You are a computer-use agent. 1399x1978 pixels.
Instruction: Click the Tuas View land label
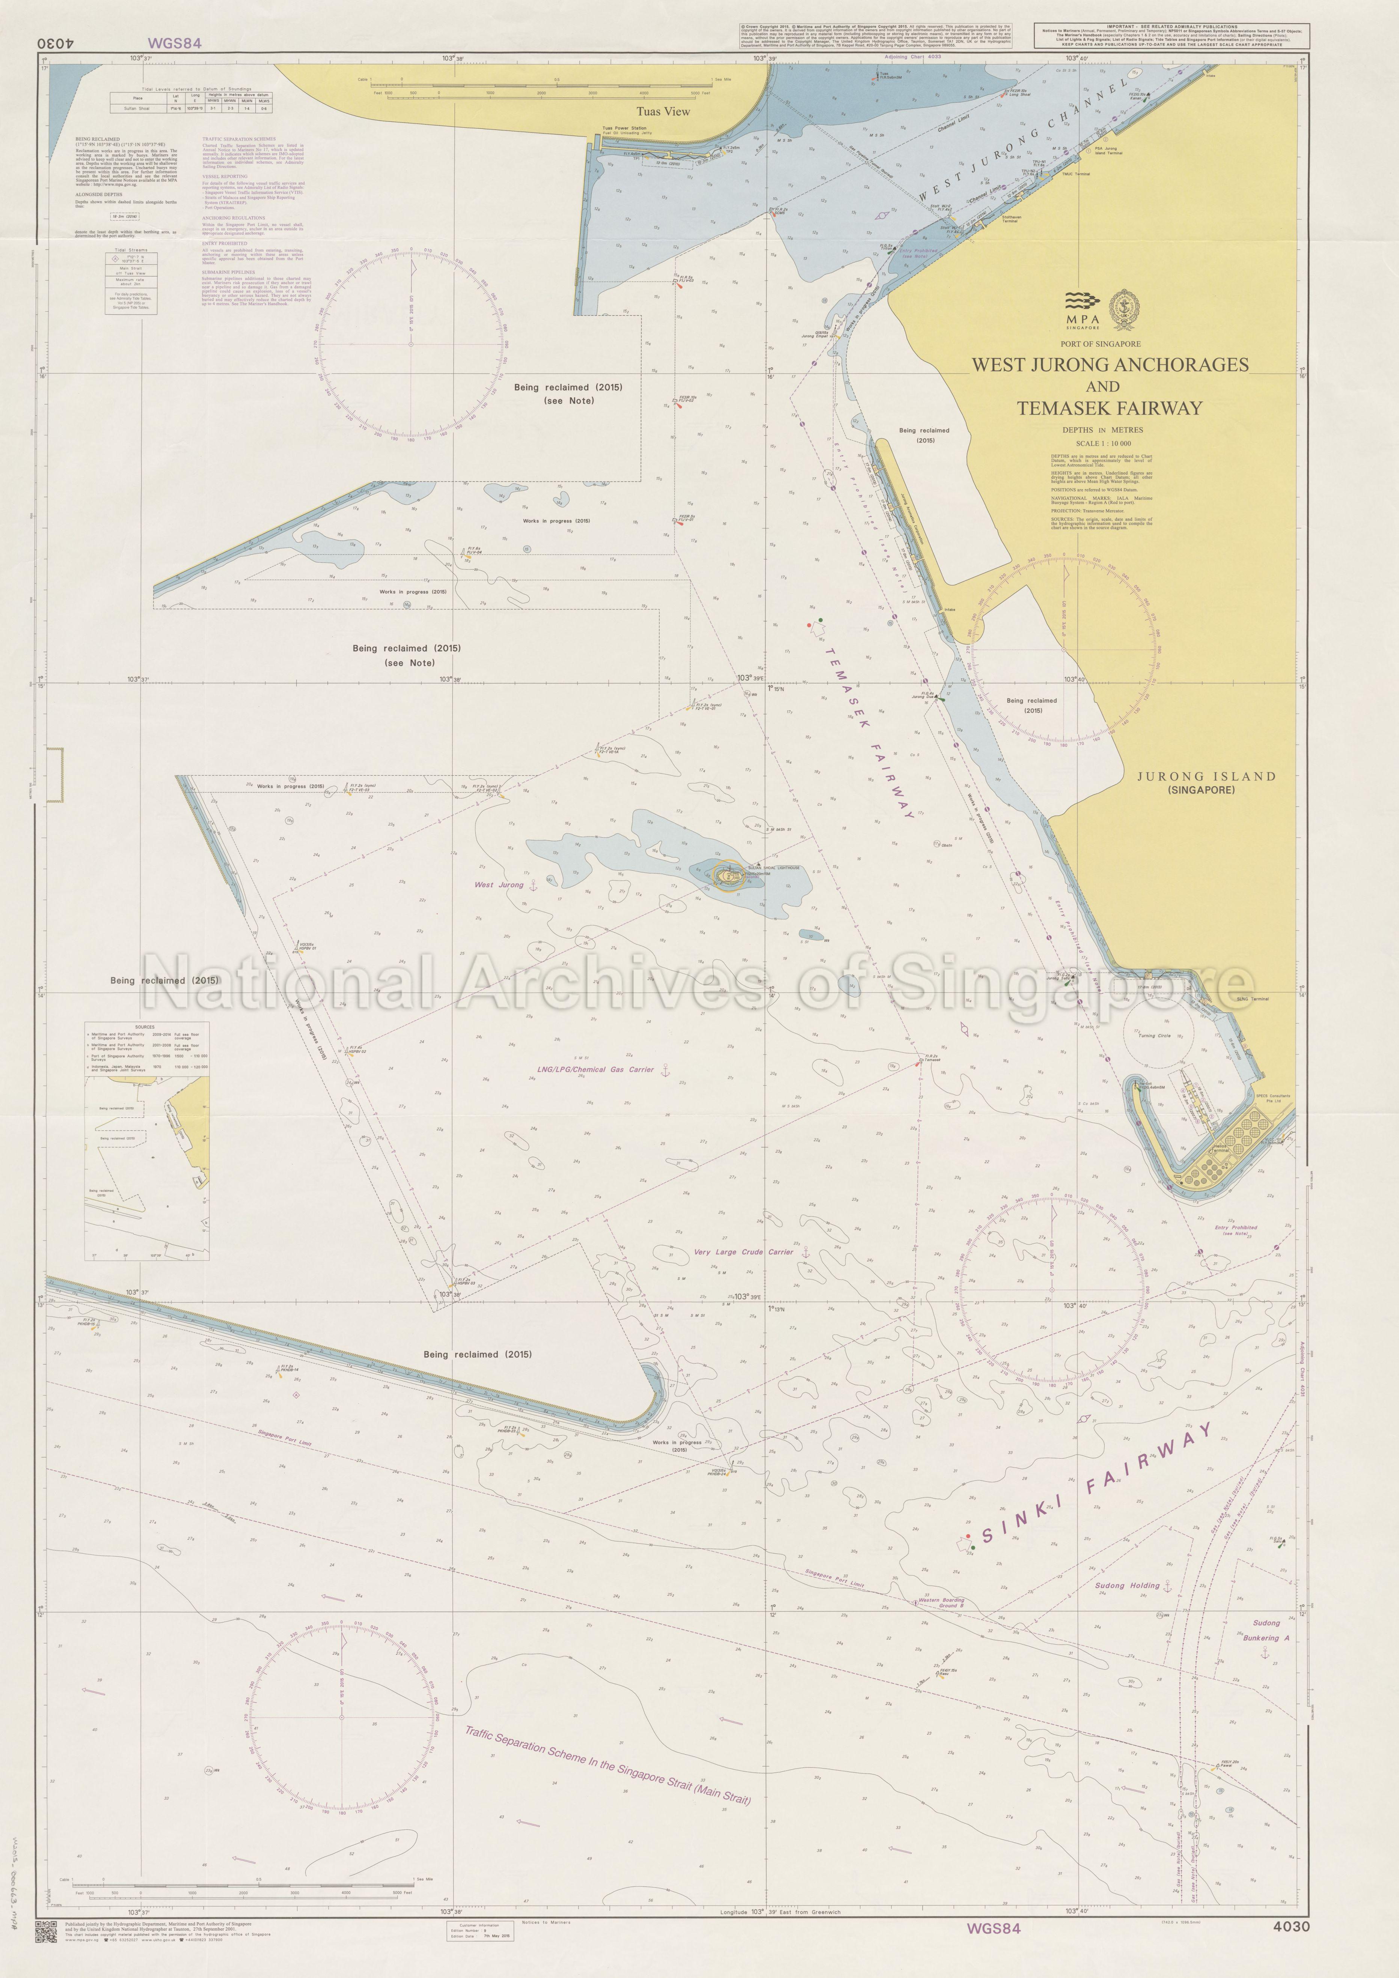tap(663, 111)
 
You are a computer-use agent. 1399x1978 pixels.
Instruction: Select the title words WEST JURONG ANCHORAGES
tap(1110, 365)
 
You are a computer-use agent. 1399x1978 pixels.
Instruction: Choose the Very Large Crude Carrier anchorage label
tap(743, 1252)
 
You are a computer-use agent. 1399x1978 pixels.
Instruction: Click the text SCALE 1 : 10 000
tap(1102, 443)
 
